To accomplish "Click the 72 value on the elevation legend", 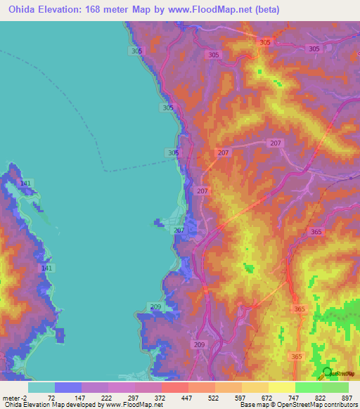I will pos(51,398).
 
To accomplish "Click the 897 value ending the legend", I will pos(345,398).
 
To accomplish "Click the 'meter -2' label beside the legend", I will pos(13,398).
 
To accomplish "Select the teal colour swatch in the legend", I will pos(41,387).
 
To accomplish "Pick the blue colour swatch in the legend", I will pos(68,387).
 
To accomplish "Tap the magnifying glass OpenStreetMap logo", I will pos(328,373).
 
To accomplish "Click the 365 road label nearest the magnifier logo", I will pos(296,357).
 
